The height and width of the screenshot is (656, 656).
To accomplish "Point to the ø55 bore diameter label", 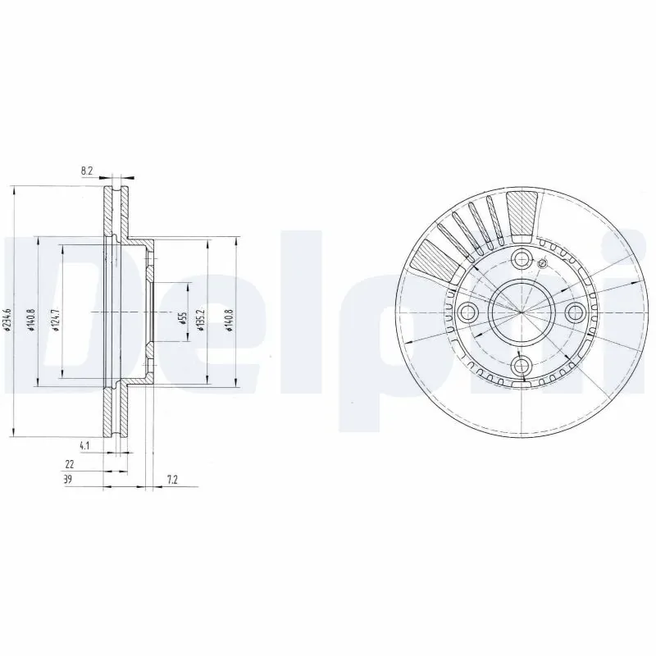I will click(183, 316).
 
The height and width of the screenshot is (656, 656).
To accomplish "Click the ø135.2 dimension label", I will click(201, 316).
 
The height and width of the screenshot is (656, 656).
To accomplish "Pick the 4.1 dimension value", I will click(84, 445).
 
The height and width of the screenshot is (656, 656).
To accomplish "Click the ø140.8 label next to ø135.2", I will click(229, 316).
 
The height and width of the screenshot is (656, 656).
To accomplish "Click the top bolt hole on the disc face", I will click(522, 260).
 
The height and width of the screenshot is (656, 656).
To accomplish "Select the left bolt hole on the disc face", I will click(469, 312).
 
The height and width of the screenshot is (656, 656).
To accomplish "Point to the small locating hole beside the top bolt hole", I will click(541, 264).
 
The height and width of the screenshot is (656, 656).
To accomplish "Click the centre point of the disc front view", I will click(522, 312).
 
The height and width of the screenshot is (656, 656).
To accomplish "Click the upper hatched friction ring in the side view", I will click(112, 215).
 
